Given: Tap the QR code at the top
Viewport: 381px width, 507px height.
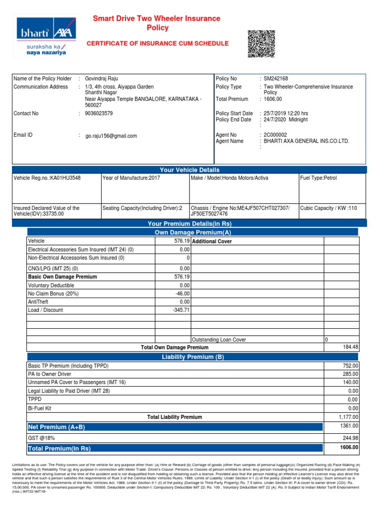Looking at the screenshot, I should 261,44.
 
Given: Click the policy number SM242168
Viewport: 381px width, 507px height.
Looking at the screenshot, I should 276,79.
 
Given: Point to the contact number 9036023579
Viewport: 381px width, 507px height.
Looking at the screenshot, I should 99,113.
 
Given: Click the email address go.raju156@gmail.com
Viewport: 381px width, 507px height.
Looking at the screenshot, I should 111,136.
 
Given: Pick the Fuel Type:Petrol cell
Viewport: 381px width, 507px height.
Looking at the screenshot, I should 318,178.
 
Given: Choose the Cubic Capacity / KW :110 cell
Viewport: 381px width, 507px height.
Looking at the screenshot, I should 328,208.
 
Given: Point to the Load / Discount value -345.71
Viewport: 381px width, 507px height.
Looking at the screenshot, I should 180,310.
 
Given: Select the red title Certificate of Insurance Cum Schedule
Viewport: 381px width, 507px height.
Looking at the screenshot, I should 158,44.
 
